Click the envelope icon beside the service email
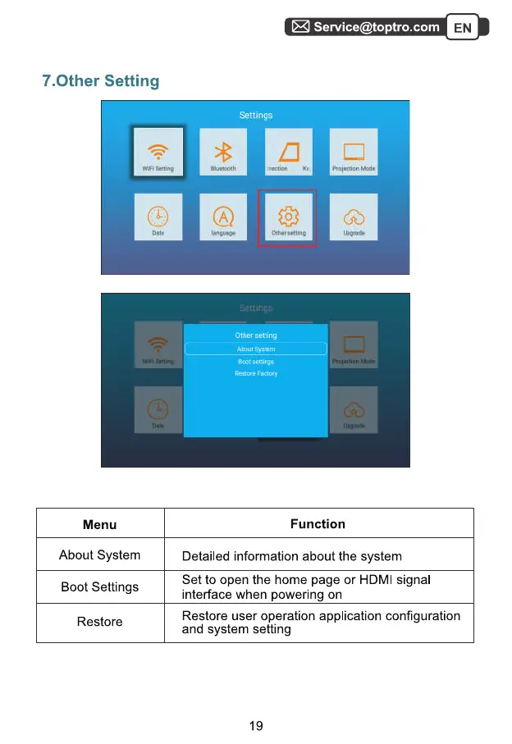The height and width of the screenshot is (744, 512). click(300, 27)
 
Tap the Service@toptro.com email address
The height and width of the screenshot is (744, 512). click(377, 27)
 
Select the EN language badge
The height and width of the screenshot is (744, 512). click(463, 28)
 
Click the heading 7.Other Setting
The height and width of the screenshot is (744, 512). click(100, 81)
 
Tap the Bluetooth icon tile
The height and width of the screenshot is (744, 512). click(223, 152)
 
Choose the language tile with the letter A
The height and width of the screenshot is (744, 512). click(223, 217)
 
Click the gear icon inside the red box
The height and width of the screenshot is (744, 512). click(288, 216)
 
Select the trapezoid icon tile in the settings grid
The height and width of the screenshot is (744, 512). click(289, 152)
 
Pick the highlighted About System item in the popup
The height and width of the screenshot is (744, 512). click(256, 349)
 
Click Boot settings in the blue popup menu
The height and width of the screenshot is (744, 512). click(256, 362)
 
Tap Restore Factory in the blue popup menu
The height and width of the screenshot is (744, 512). click(256, 374)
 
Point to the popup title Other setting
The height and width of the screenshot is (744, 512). click(256, 335)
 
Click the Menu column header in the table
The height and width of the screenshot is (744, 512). click(100, 525)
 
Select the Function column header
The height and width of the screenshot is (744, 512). click(318, 524)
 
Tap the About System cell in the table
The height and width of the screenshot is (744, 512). click(100, 555)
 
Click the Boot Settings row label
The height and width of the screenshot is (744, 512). click(100, 587)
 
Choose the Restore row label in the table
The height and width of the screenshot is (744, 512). click(100, 622)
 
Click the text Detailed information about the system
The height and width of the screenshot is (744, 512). click(291, 557)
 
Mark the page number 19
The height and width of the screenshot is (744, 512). click(256, 726)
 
